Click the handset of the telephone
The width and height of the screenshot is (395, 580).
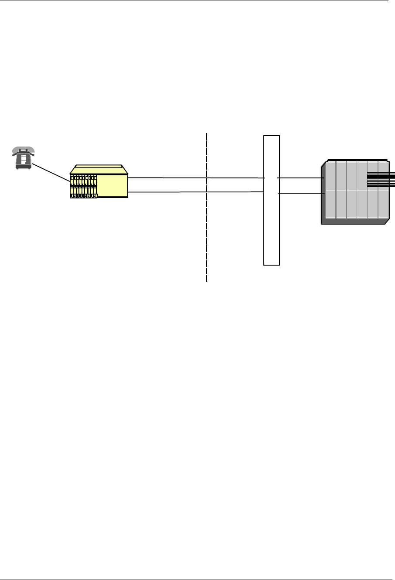(x=23, y=150)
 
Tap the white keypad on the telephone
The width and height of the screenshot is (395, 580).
(x=24, y=160)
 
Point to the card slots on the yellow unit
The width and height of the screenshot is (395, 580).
(x=83, y=186)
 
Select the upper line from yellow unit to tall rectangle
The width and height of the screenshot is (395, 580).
(x=166, y=178)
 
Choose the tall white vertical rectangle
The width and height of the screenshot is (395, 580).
(x=271, y=227)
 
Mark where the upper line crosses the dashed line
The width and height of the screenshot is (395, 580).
(x=206, y=178)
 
